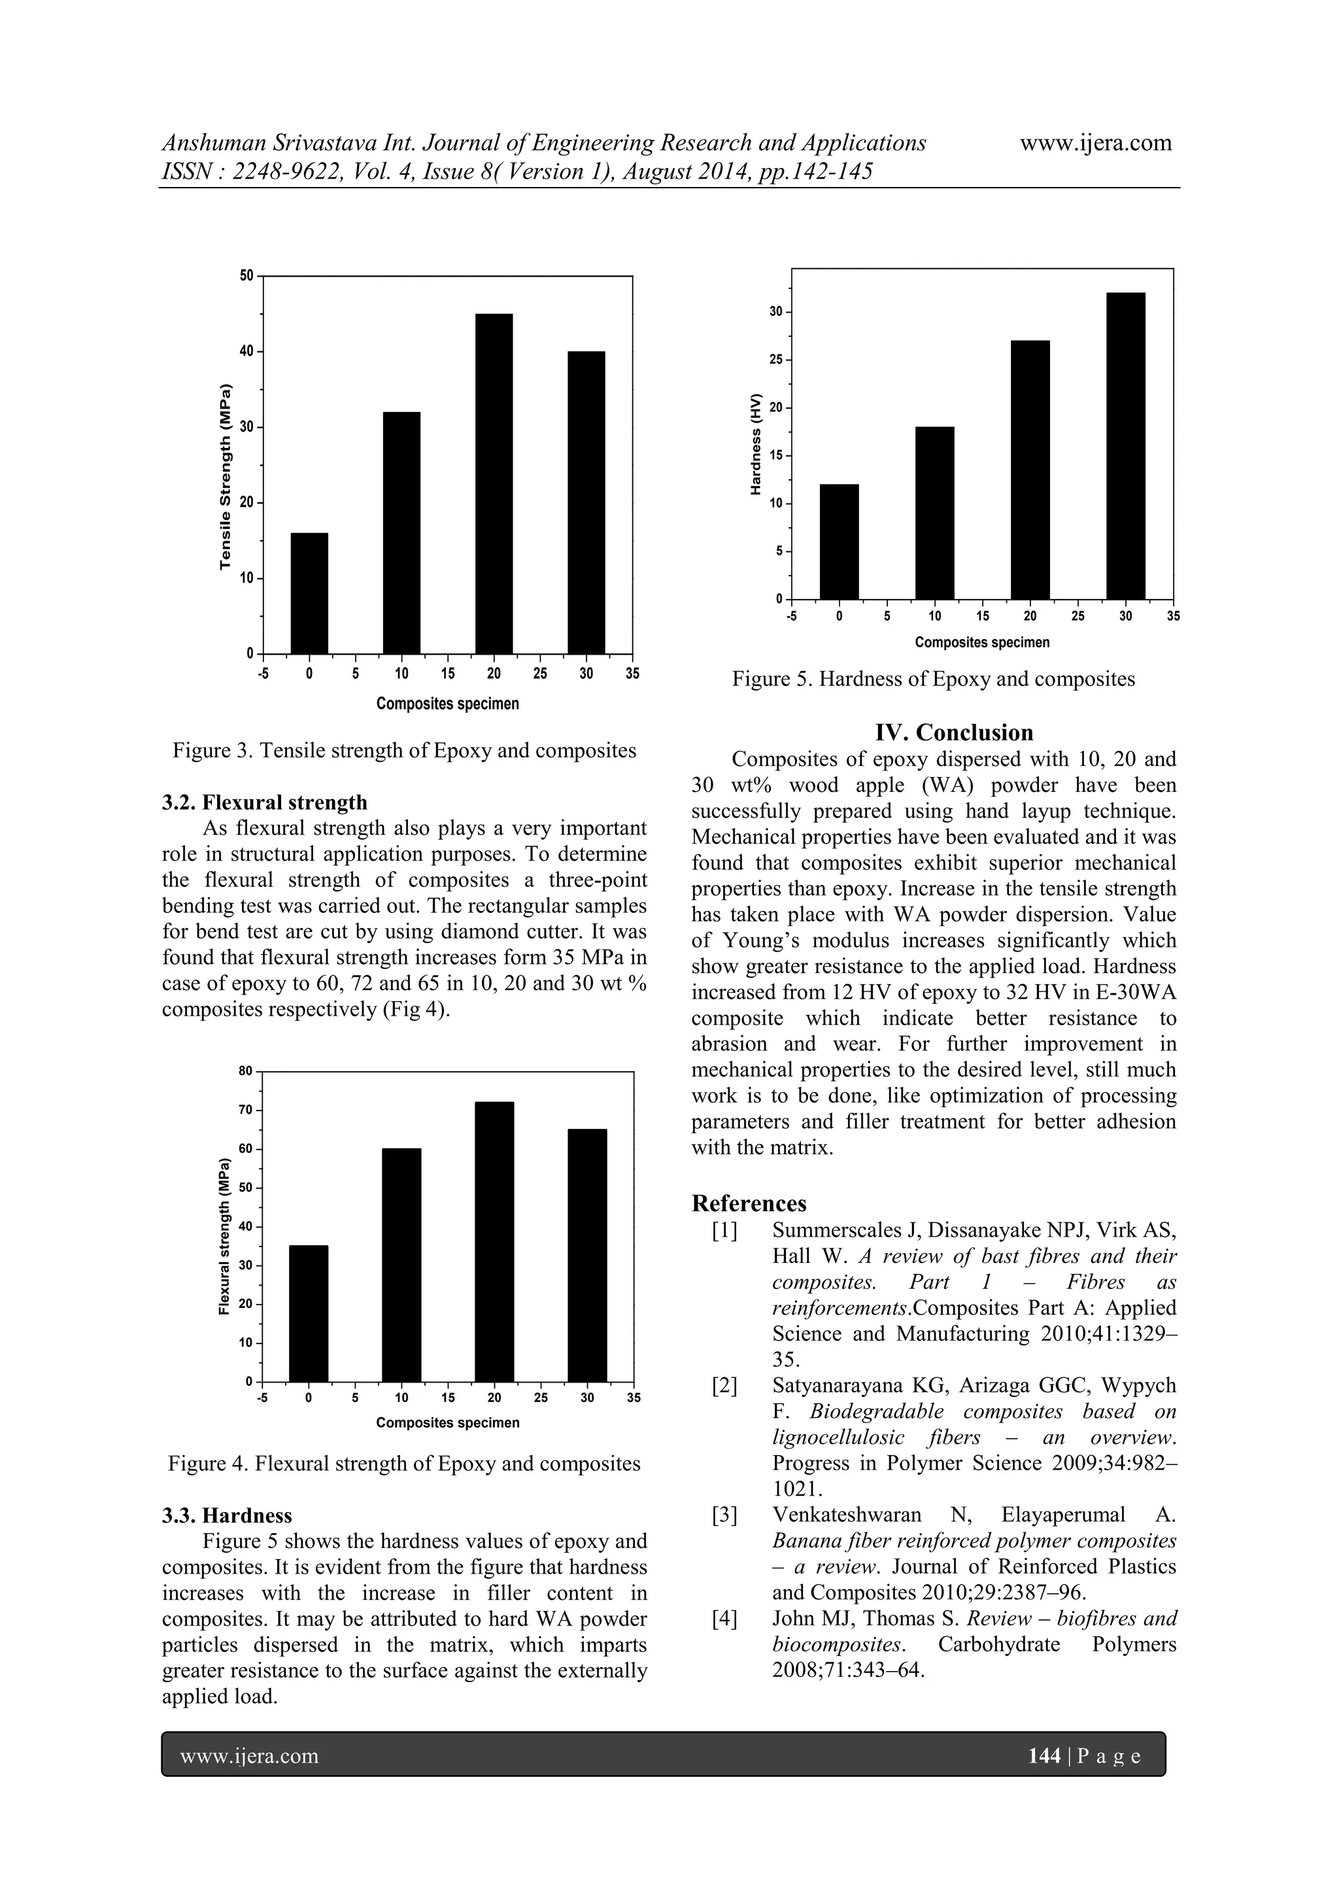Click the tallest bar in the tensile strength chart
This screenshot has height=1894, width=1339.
pyautogui.click(x=494, y=483)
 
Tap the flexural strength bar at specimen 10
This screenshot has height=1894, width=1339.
pyautogui.click(x=401, y=1265)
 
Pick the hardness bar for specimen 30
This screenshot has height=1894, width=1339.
pyautogui.click(x=1125, y=445)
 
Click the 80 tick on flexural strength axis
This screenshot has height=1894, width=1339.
pyautogui.click(x=246, y=1071)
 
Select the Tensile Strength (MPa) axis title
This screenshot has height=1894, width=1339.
pyautogui.click(x=224, y=477)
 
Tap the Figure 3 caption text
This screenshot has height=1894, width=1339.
pyautogui.click(x=404, y=751)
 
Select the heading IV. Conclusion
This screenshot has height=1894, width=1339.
pyautogui.click(x=954, y=732)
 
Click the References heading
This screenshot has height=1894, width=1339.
pyautogui.click(x=749, y=1203)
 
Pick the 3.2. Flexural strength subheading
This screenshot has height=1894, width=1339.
pyautogui.click(x=265, y=802)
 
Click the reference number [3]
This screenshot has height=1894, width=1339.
pyautogui.click(x=724, y=1515)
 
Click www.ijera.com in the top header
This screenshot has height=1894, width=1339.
pyautogui.click(x=1096, y=143)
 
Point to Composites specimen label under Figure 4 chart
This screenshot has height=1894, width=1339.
pyautogui.click(x=448, y=1423)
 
